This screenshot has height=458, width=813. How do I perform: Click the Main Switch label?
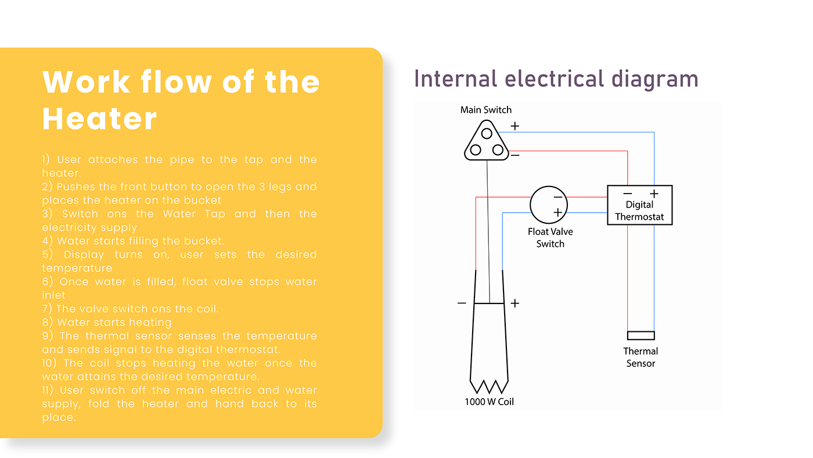[x=485, y=110]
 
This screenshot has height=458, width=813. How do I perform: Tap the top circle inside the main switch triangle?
[x=487, y=134]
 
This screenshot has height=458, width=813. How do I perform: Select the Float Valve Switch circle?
[x=548, y=205]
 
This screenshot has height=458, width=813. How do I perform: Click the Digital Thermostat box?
[x=639, y=205]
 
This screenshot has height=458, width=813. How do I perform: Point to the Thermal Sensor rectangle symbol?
[x=641, y=335]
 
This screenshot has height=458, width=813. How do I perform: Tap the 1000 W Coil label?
[x=489, y=402]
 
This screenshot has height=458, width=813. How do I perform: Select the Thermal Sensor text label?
[x=641, y=357]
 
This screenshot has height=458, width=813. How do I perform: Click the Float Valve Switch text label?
[x=550, y=238]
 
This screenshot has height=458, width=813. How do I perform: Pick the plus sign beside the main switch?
[x=515, y=126]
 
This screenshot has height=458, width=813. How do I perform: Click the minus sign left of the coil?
[x=462, y=303]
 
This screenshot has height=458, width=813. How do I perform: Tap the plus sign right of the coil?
[x=515, y=303]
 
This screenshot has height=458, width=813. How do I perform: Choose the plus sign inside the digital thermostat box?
[x=654, y=194]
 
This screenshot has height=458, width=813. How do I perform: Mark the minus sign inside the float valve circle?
[x=557, y=198]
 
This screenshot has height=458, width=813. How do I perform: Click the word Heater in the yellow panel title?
[x=100, y=119]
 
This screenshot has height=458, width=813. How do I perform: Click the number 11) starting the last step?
[x=48, y=390]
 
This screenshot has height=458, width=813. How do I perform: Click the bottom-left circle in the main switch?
[x=476, y=150]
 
